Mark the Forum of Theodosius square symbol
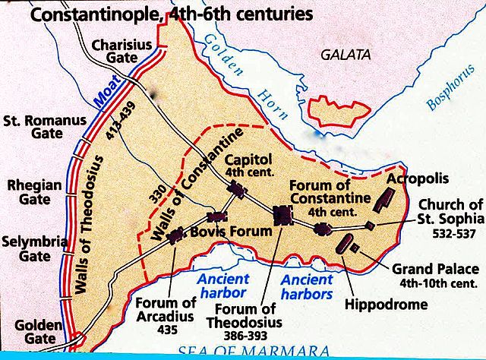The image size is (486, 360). pyautogui.click(x=283, y=216)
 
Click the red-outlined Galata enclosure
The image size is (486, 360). pyautogui.click(x=345, y=111)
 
